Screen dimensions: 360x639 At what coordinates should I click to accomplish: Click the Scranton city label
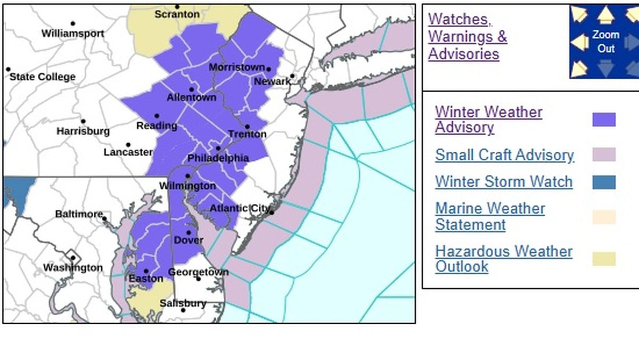pyautogui.click(x=176, y=14)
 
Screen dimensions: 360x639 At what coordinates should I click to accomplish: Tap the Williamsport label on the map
pyautogui.click(x=73, y=34)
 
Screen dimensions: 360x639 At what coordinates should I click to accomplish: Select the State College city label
pyautogui.click(x=43, y=77)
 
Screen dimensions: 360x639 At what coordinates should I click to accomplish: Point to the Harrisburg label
pyautogui.click(x=83, y=131)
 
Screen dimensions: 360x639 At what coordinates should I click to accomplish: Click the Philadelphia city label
pyautogui.click(x=218, y=158)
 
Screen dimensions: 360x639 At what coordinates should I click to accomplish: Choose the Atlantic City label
pyautogui.click(x=240, y=208)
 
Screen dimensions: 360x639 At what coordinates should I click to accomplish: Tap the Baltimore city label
pyautogui.click(x=79, y=214)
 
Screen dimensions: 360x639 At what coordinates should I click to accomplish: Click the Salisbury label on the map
pyautogui.click(x=183, y=303)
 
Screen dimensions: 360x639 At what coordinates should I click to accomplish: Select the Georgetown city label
pyautogui.click(x=198, y=272)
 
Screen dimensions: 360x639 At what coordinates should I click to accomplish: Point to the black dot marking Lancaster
pyautogui.click(x=128, y=145)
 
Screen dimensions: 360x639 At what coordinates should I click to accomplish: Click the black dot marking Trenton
pyautogui.click(x=247, y=127)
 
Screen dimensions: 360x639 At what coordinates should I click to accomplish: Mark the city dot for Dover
pyautogui.click(x=189, y=233)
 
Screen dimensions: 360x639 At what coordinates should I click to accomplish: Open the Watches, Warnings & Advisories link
pyautogui.click(x=467, y=37)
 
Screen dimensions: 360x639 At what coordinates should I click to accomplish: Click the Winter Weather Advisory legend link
pyautogui.click(x=488, y=120)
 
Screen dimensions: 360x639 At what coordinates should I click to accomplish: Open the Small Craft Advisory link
pyautogui.click(x=504, y=155)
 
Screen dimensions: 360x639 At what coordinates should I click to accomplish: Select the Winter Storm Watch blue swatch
pyautogui.click(x=604, y=182)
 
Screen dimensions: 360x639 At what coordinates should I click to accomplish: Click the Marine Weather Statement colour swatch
pyautogui.click(x=604, y=217)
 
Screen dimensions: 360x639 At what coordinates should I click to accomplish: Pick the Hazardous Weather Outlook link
pyautogui.click(x=503, y=259)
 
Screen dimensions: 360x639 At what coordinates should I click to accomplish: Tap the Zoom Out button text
pyautogui.click(x=606, y=42)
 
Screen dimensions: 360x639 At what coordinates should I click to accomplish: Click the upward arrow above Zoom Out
pyautogui.click(x=606, y=15)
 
